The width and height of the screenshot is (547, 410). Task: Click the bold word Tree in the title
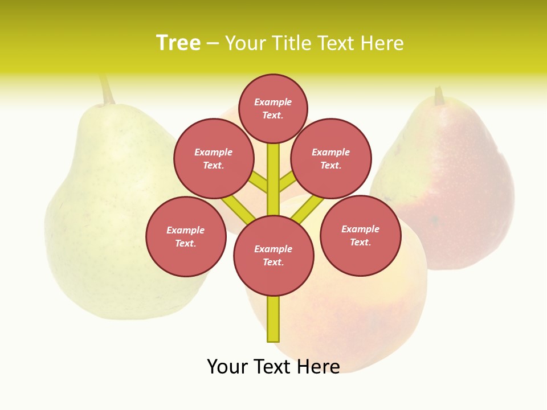[178, 43]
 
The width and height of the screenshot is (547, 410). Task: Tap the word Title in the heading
[291, 43]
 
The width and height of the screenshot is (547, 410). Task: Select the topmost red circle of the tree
[273, 108]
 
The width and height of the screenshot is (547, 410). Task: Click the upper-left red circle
[214, 159]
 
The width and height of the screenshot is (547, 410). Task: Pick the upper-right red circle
[331, 159]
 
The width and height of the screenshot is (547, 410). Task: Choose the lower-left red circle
[186, 237]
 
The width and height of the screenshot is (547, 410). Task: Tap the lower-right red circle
[360, 236]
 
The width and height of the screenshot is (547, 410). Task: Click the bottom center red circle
[273, 256]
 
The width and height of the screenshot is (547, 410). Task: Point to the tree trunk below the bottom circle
[273, 319]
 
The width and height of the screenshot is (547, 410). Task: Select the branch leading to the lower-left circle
[238, 209]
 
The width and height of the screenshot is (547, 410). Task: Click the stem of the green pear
[106, 90]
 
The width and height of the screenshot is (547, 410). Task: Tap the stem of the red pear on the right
[439, 96]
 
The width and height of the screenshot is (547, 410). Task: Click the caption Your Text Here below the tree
[273, 367]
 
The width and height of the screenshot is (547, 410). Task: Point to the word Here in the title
[382, 43]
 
